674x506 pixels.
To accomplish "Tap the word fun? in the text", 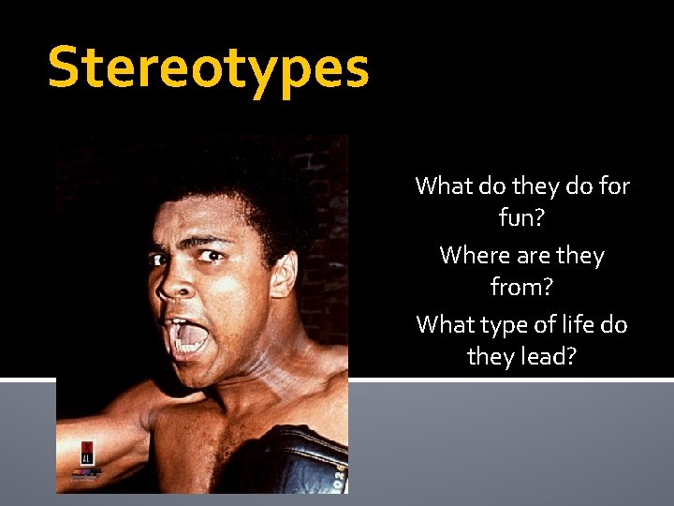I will point(522,219).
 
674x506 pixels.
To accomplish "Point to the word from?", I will point(522,289).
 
